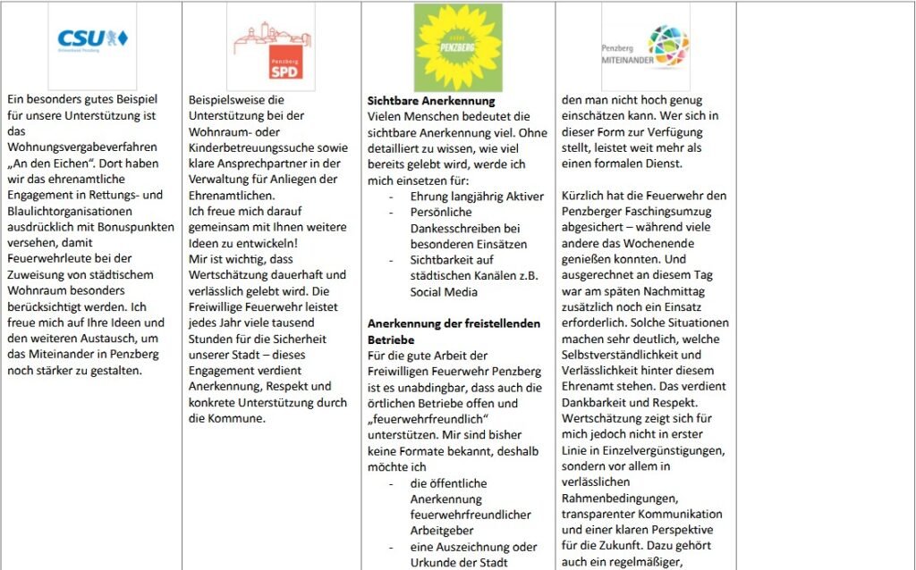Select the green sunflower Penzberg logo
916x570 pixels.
tap(458, 46)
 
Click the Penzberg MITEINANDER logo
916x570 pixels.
tap(646, 46)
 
